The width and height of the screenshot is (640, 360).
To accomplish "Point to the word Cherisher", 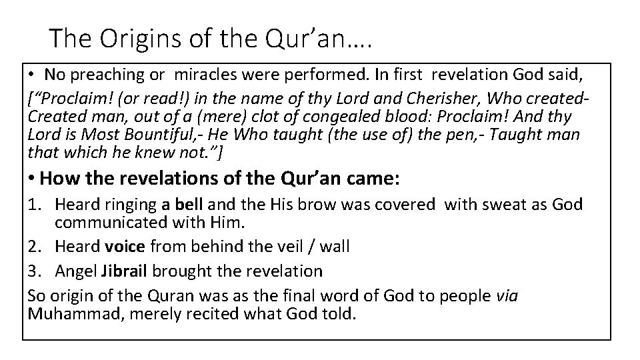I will tap(415, 99).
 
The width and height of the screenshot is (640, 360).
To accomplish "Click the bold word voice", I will tap(125, 247).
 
